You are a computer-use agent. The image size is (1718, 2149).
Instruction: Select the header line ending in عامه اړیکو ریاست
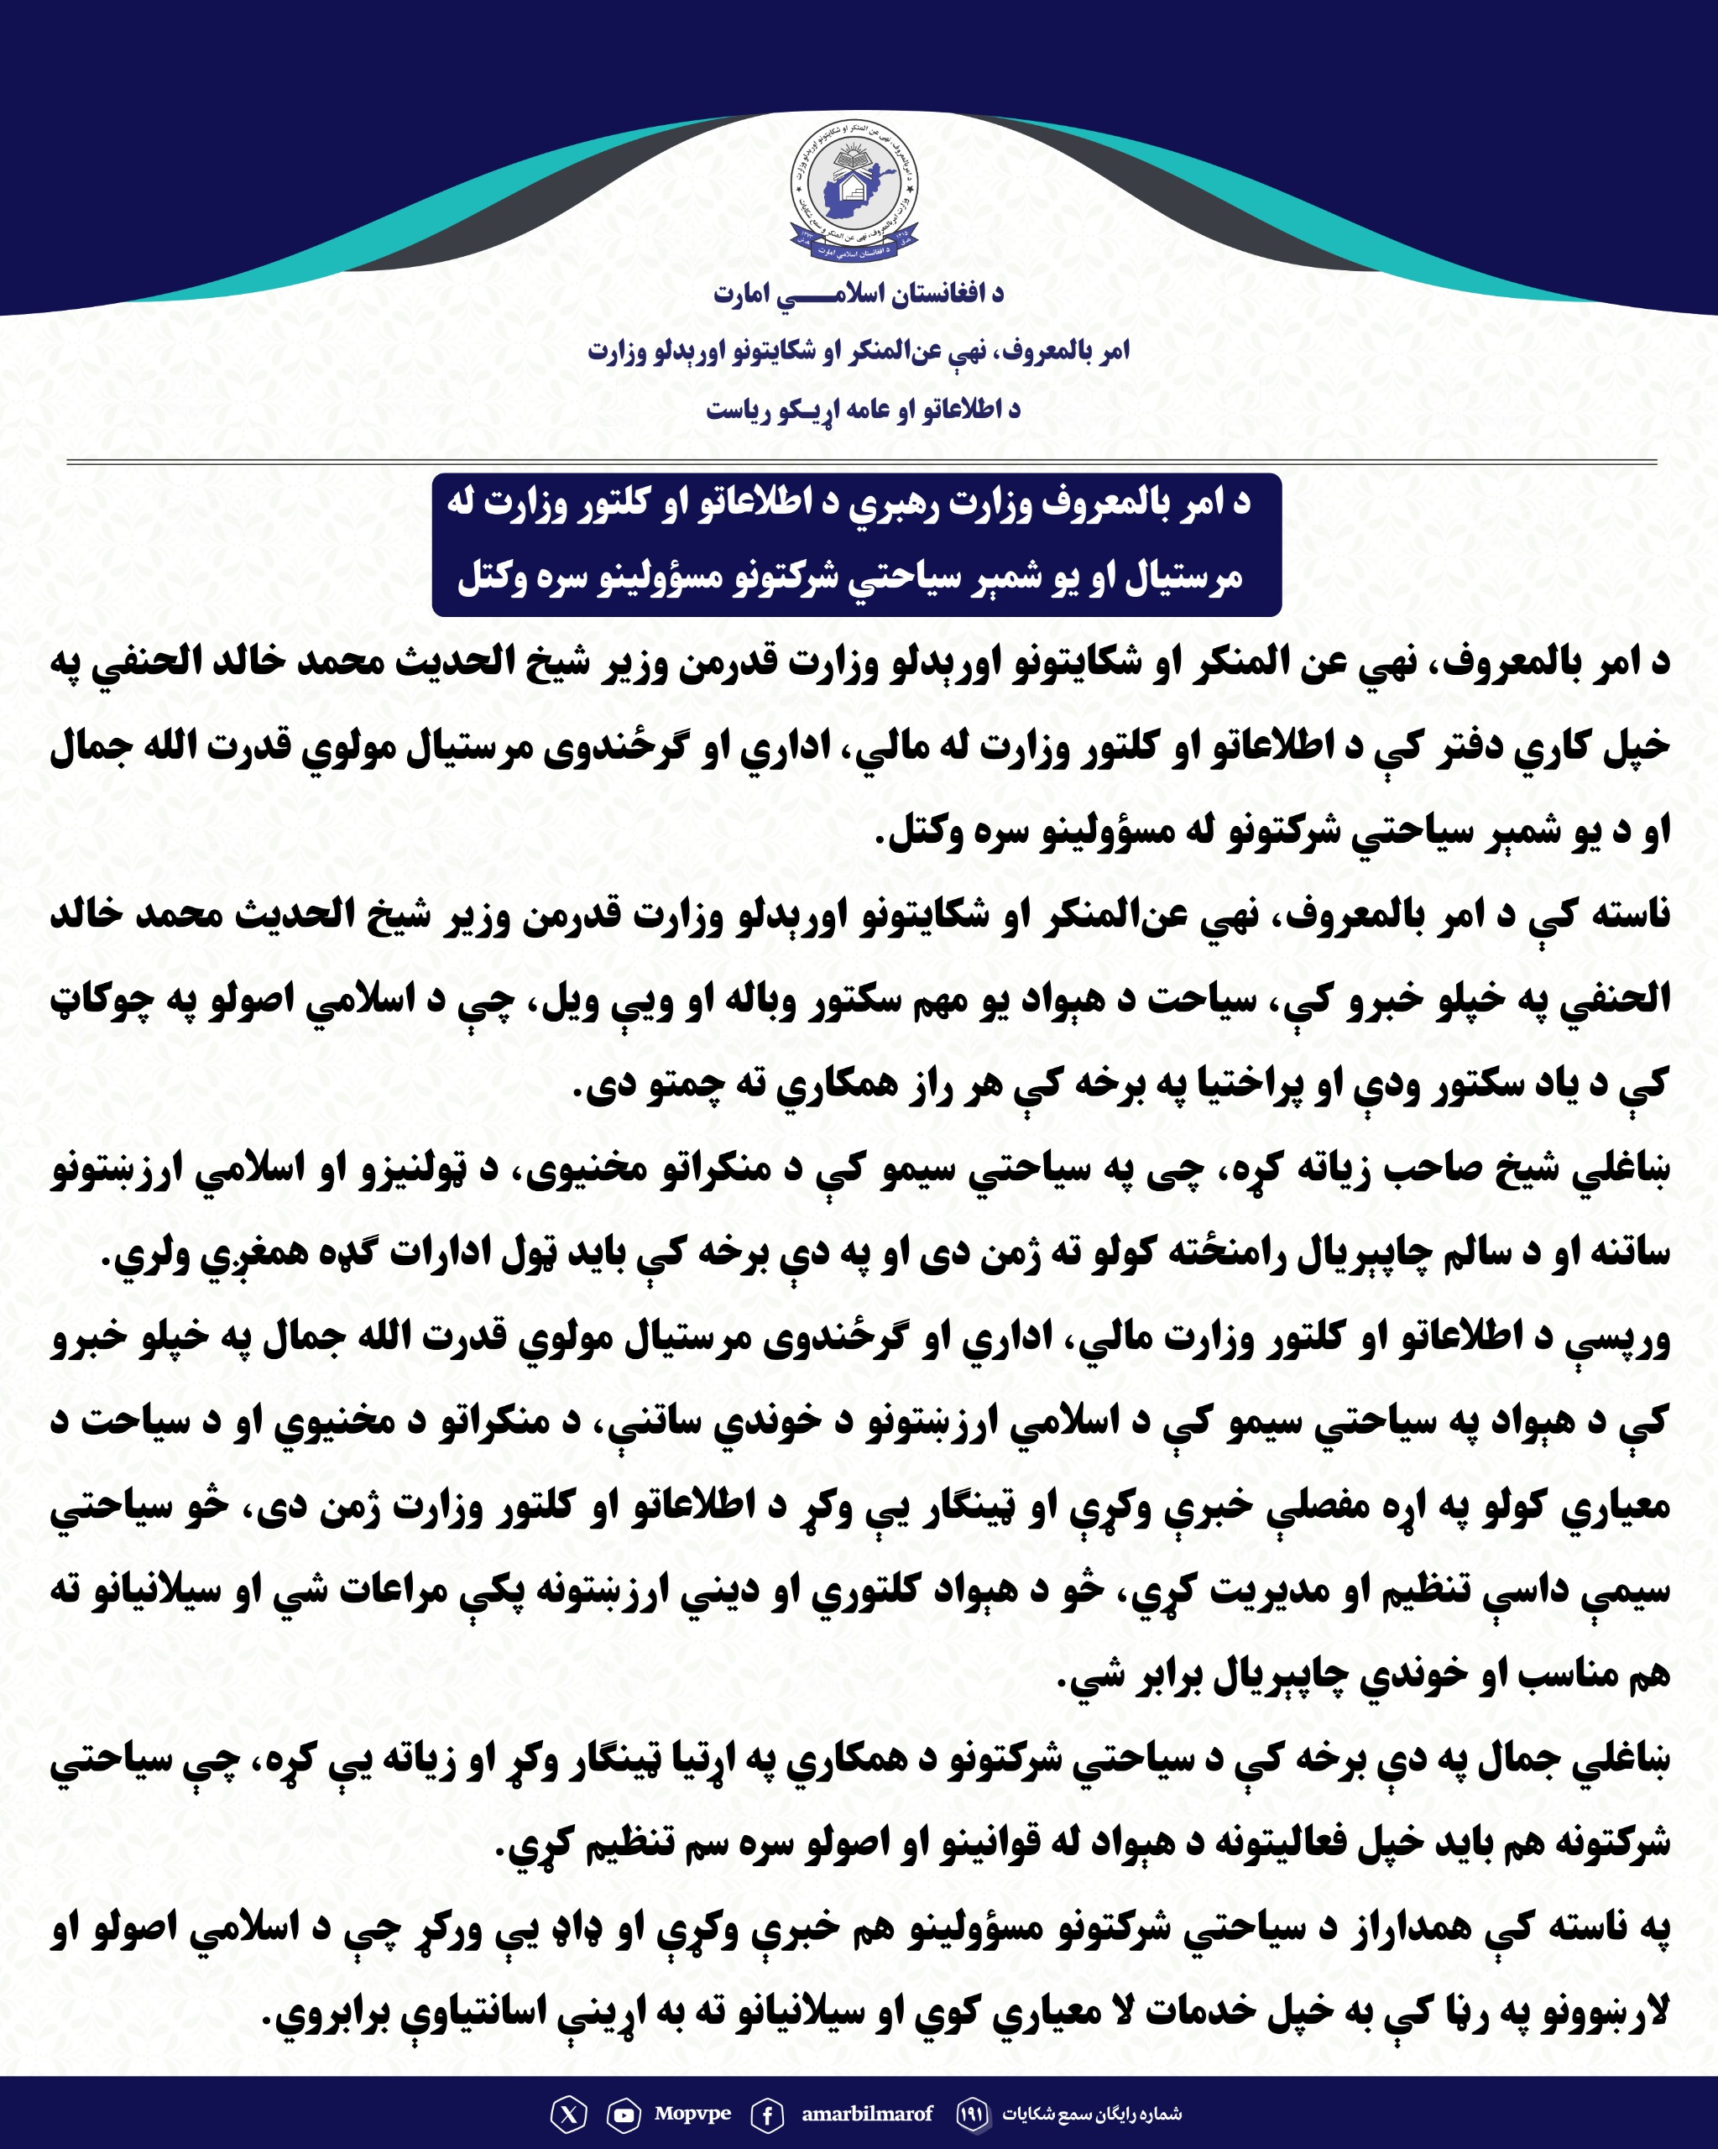pos(863,410)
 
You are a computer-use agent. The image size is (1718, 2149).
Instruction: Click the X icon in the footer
pos(569,2114)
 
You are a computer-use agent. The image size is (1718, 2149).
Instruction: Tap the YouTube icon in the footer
pos(624,2114)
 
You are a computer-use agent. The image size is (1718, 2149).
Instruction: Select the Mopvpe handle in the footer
pos(692,2113)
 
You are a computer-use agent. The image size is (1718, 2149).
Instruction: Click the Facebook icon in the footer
pos(766,2114)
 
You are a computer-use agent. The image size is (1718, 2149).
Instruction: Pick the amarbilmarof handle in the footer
pos(867,2113)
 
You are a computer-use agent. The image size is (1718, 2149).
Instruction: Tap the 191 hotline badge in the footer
pos(973,2114)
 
